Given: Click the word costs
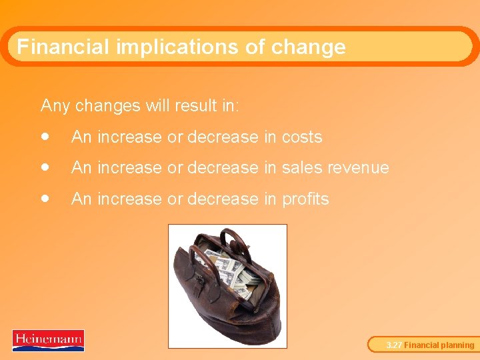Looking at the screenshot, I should click(302, 137).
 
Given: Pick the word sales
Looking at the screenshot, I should click(302, 168).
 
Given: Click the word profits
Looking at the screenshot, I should click(305, 199).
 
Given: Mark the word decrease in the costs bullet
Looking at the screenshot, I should click(223, 137).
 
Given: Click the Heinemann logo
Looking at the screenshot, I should click(48, 340).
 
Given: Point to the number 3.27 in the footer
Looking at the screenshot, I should click(395, 345).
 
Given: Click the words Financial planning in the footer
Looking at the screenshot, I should click(439, 345).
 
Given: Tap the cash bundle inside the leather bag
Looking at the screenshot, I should click(230, 270).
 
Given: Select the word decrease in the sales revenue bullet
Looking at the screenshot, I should click(223, 168).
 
